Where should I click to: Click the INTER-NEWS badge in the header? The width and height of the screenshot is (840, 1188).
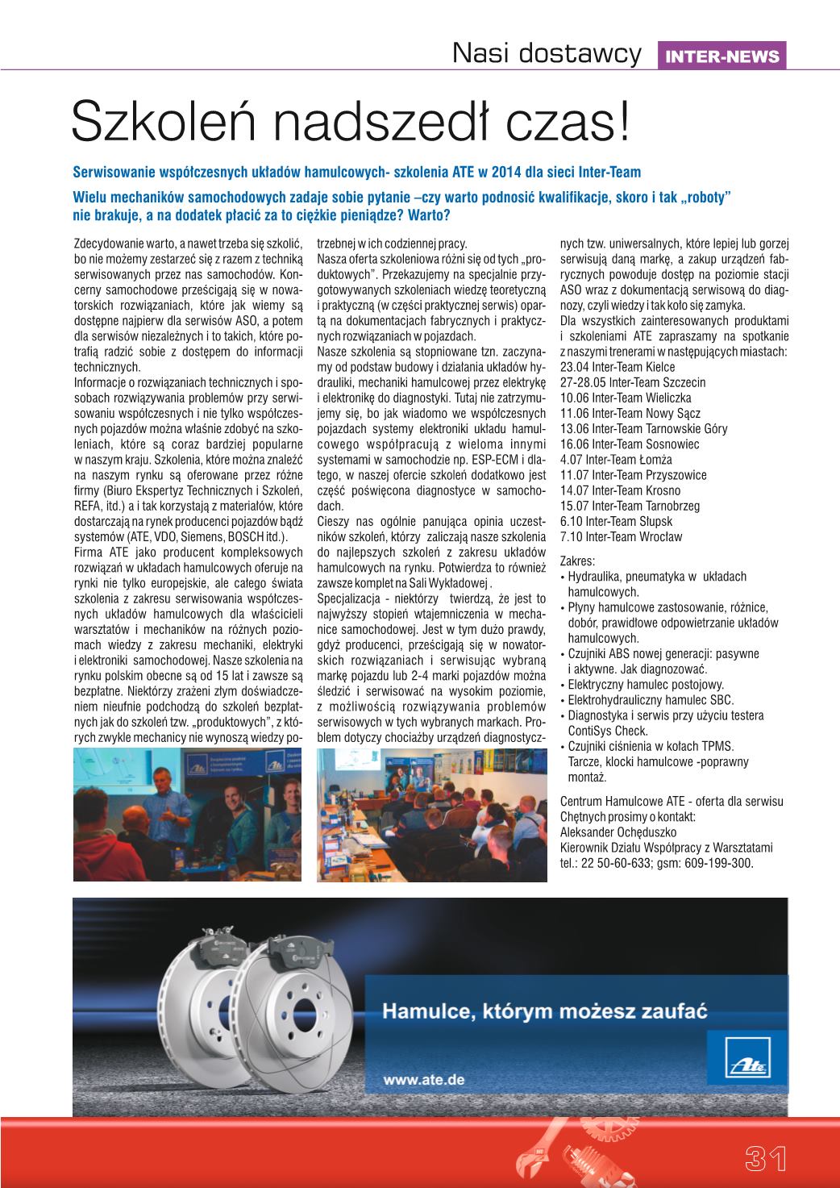point(721,56)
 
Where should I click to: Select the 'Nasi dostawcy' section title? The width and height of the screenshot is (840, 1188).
point(547,54)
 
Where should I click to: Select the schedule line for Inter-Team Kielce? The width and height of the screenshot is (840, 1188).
point(618,367)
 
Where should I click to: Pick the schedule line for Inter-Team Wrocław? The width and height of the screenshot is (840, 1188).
point(621,536)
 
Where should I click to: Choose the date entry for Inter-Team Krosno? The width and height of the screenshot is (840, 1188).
point(620,490)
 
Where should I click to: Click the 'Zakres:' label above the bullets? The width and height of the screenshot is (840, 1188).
point(577,561)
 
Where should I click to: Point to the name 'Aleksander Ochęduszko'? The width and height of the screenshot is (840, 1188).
point(618,832)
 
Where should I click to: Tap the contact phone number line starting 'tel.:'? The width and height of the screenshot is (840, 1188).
point(656,863)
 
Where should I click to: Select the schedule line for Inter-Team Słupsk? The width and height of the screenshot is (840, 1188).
point(616,521)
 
